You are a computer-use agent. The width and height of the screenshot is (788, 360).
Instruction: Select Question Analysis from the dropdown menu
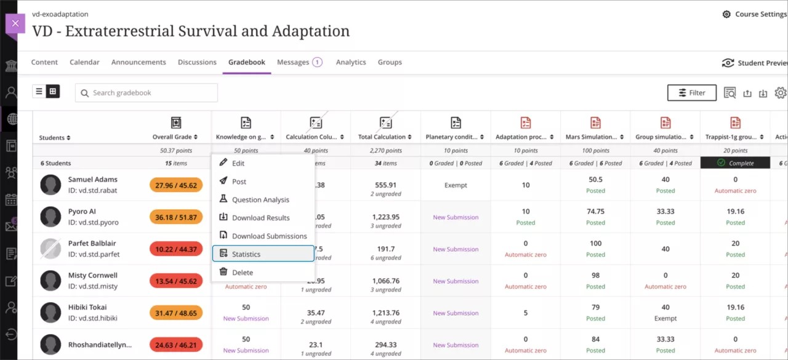tap(260, 200)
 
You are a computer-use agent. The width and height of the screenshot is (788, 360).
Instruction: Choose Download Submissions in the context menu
tap(269, 236)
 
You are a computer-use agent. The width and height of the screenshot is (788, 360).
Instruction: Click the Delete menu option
tap(243, 273)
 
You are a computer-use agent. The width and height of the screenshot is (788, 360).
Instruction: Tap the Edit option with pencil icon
tap(238, 164)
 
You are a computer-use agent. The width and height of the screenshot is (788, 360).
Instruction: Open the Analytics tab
tap(351, 62)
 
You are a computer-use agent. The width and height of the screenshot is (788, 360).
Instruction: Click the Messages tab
tap(293, 62)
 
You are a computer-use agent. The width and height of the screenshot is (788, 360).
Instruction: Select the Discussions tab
tap(197, 62)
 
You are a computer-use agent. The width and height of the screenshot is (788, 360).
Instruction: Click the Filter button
tap(691, 93)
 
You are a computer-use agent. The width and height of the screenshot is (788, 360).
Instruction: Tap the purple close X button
tap(15, 23)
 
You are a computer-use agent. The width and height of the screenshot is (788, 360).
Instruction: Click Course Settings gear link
tap(754, 14)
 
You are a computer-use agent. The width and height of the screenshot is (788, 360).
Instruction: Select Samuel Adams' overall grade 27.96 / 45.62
tap(176, 185)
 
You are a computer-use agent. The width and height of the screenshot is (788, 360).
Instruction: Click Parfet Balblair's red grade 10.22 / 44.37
tap(176, 249)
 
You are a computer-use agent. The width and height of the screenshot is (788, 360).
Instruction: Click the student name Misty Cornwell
tap(93, 276)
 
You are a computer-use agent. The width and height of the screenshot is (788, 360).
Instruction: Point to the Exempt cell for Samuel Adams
tap(456, 185)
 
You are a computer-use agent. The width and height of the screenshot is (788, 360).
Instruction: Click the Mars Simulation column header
tap(590, 137)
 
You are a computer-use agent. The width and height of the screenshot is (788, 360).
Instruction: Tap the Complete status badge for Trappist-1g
tap(735, 163)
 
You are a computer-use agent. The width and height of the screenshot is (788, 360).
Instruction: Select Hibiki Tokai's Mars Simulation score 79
tap(595, 308)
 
